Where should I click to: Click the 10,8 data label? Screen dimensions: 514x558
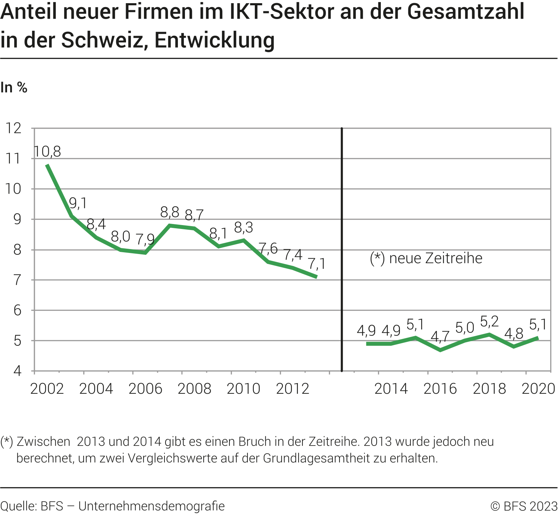48,152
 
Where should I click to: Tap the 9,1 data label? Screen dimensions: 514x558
78,203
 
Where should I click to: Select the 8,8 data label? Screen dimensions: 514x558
170,212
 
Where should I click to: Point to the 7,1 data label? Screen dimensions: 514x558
317,264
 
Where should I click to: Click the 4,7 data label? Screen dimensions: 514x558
440,337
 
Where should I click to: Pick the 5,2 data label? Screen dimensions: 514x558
490,321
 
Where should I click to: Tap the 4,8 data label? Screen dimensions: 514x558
514,333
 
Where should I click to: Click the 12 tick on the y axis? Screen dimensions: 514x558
13,128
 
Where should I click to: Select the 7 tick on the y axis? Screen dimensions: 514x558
17,280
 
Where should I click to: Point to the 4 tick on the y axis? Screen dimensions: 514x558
17,371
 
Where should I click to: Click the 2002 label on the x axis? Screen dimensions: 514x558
47,389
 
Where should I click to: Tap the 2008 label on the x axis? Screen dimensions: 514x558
194,389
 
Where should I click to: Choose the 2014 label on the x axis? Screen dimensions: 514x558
391,389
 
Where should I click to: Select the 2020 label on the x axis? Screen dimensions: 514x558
538,389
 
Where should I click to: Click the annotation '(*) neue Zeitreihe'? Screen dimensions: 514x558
426,258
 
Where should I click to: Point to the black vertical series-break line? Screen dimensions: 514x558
342,247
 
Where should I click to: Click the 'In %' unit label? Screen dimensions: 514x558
14,87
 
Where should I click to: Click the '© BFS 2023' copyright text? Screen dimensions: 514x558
524,506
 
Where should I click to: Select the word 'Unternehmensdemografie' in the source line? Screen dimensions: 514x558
151,506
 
